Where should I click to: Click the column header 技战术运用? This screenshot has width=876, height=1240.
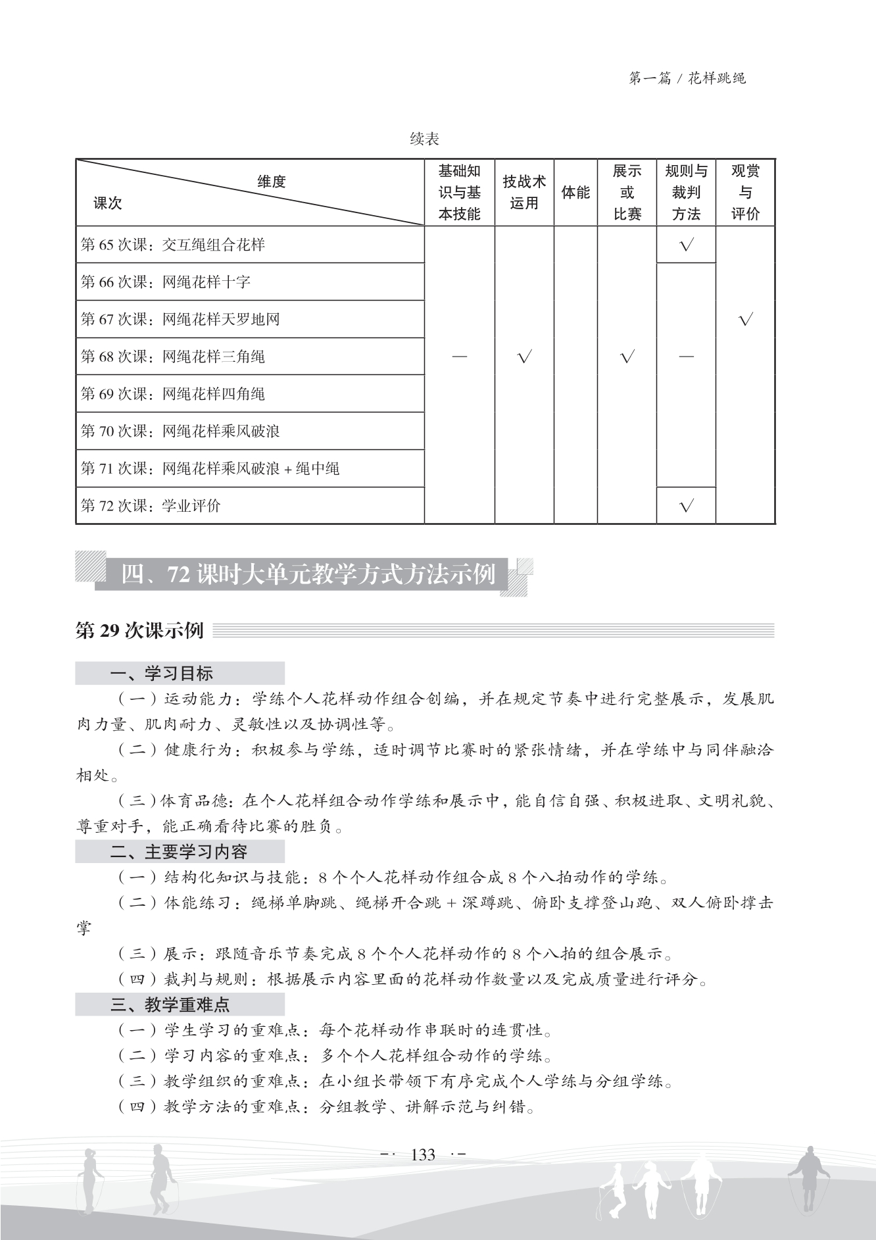[x=524, y=192]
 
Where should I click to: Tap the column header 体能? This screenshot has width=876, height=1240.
[x=575, y=193]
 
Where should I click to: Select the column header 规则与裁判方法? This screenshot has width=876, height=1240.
[x=686, y=192]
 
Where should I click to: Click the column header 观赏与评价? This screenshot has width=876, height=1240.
[x=745, y=192]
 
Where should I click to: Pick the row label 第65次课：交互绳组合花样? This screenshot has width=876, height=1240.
[x=173, y=245]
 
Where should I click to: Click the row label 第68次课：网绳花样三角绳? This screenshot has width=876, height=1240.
[x=173, y=357]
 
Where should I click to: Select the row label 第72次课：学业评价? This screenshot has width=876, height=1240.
[x=151, y=506]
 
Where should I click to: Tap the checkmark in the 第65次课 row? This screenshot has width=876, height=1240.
[x=686, y=245]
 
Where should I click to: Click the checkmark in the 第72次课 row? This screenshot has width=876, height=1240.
[x=686, y=506]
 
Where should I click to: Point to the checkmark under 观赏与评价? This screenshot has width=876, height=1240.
[x=745, y=320]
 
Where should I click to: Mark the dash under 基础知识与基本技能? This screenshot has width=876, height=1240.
[x=460, y=357]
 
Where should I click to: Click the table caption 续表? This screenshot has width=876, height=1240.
[x=424, y=139]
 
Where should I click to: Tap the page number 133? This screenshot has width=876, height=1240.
[x=423, y=1155]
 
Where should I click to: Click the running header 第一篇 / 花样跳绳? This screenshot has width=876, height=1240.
[x=687, y=79]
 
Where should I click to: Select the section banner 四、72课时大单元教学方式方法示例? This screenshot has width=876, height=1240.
[x=308, y=575]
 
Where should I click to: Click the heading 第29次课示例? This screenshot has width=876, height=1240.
[x=140, y=631]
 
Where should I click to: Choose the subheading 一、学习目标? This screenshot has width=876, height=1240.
[x=162, y=674]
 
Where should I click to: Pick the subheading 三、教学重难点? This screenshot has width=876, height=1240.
[x=170, y=1004]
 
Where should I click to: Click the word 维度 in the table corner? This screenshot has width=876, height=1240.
[x=272, y=182]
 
